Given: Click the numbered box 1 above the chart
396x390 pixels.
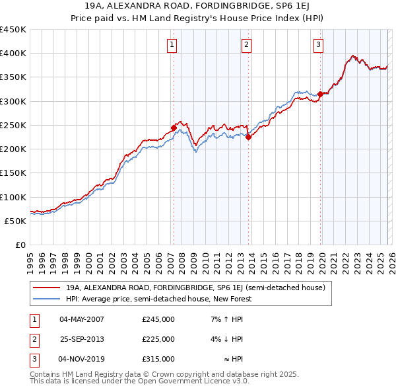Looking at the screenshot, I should tap(172, 45).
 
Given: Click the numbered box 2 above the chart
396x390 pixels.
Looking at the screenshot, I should tap(246, 45).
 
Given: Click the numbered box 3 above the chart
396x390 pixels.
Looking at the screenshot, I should tap(318, 45).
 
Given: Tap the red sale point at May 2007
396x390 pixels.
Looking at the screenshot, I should tap(174, 128).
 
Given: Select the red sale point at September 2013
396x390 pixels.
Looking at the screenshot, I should tap(248, 137).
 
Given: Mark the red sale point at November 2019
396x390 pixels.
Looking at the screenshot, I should tap(320, 94).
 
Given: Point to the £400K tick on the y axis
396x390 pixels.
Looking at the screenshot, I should tap(13, 54).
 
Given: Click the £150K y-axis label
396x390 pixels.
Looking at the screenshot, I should tap(13, 173).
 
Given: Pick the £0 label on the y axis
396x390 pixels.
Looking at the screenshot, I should tap(20, 245).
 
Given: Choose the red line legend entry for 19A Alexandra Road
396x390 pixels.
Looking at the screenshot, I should tap(195, 288).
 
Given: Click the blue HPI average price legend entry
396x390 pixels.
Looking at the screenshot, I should tap(158, 299).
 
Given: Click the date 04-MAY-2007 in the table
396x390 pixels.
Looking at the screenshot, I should tap(81, 319).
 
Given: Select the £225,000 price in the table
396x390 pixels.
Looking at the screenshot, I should tap(158, 339).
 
